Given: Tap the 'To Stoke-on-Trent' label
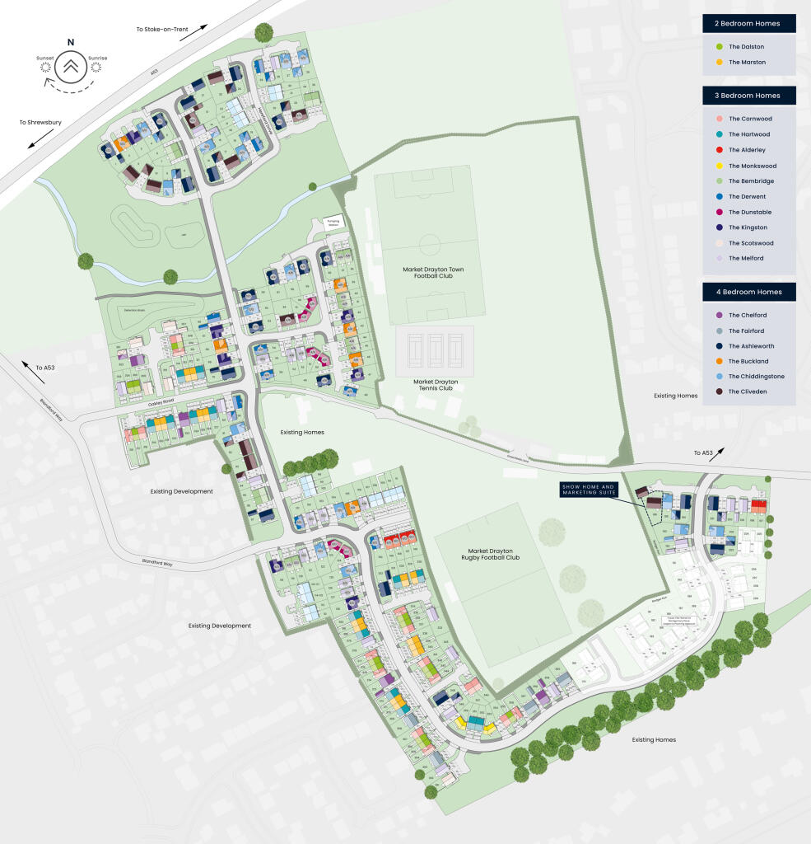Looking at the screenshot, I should pyautogui.click(x=162, y=30).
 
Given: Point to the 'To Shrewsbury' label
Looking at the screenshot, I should pyautogui.click(x=40, y=123).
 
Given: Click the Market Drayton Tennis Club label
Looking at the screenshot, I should pyautogui.click(x=435, y=387).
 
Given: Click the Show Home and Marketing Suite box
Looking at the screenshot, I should pyautogui.click(x=588, y=489).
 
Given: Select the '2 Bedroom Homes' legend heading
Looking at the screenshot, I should pyautogui.click(x=748, y=23).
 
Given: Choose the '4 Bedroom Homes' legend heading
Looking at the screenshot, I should pyautogui.click(x=748, y=292).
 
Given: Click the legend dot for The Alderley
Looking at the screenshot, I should pyautogui.click(x=720, y=150).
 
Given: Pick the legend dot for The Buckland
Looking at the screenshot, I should pyautogui.click(x=720, y=361).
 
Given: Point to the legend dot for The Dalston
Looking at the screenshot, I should pyautogui.click(x=720, y=47).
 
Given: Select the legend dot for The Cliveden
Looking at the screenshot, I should pyautogui.click(x=720, y=392).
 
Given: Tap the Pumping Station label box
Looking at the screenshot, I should pyautogui.click(x=333, y=223).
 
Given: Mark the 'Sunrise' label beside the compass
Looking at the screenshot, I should pyautogui.click(x=98, y=58).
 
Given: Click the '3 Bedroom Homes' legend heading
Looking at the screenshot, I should pyautogui.click(x=748, y=96).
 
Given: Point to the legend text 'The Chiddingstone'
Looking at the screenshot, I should pyautogui.click(x=757, y=377).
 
